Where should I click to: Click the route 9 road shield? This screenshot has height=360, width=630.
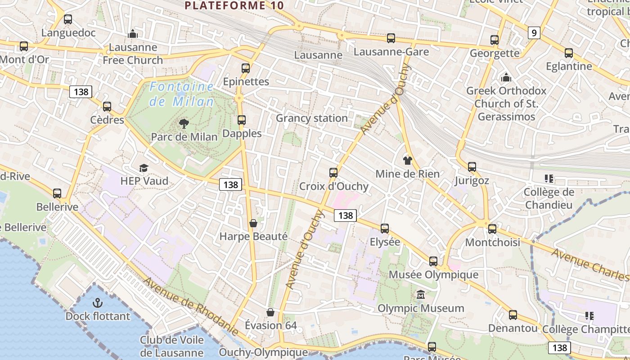click(534, 33)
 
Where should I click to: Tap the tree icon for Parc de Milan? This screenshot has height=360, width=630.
click(184, 123)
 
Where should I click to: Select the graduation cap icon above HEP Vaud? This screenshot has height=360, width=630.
click(144, 168)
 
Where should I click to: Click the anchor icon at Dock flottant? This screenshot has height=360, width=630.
click(98, 303)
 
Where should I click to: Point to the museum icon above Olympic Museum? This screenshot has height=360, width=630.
click(420, 295)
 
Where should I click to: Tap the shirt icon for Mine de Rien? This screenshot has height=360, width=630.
click(408, 161)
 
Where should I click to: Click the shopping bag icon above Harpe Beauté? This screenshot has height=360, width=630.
click(253, 223)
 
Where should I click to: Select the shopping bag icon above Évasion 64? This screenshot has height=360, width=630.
click(270, 312)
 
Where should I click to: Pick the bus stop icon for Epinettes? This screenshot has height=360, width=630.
click(246, 68)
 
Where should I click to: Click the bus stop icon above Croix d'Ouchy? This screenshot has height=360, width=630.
click(333, 173)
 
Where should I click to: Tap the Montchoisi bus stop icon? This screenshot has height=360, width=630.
click(492, 229)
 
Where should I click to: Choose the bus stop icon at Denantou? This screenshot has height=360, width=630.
click(513, 315)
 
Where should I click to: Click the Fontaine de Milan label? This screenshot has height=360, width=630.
click(182, 94)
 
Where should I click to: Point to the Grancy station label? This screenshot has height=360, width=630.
click(311, 118)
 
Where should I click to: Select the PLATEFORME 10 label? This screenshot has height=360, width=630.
click(234, 5)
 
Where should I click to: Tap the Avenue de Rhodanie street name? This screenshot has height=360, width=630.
click(191, 306)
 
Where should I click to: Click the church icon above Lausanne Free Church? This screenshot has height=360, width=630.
click(133, 34)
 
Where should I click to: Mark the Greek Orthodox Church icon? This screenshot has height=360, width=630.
click(506, 78)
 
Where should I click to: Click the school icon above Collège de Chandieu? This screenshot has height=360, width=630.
click(549, 179)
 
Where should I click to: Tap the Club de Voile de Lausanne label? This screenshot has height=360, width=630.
click(171, 346)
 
